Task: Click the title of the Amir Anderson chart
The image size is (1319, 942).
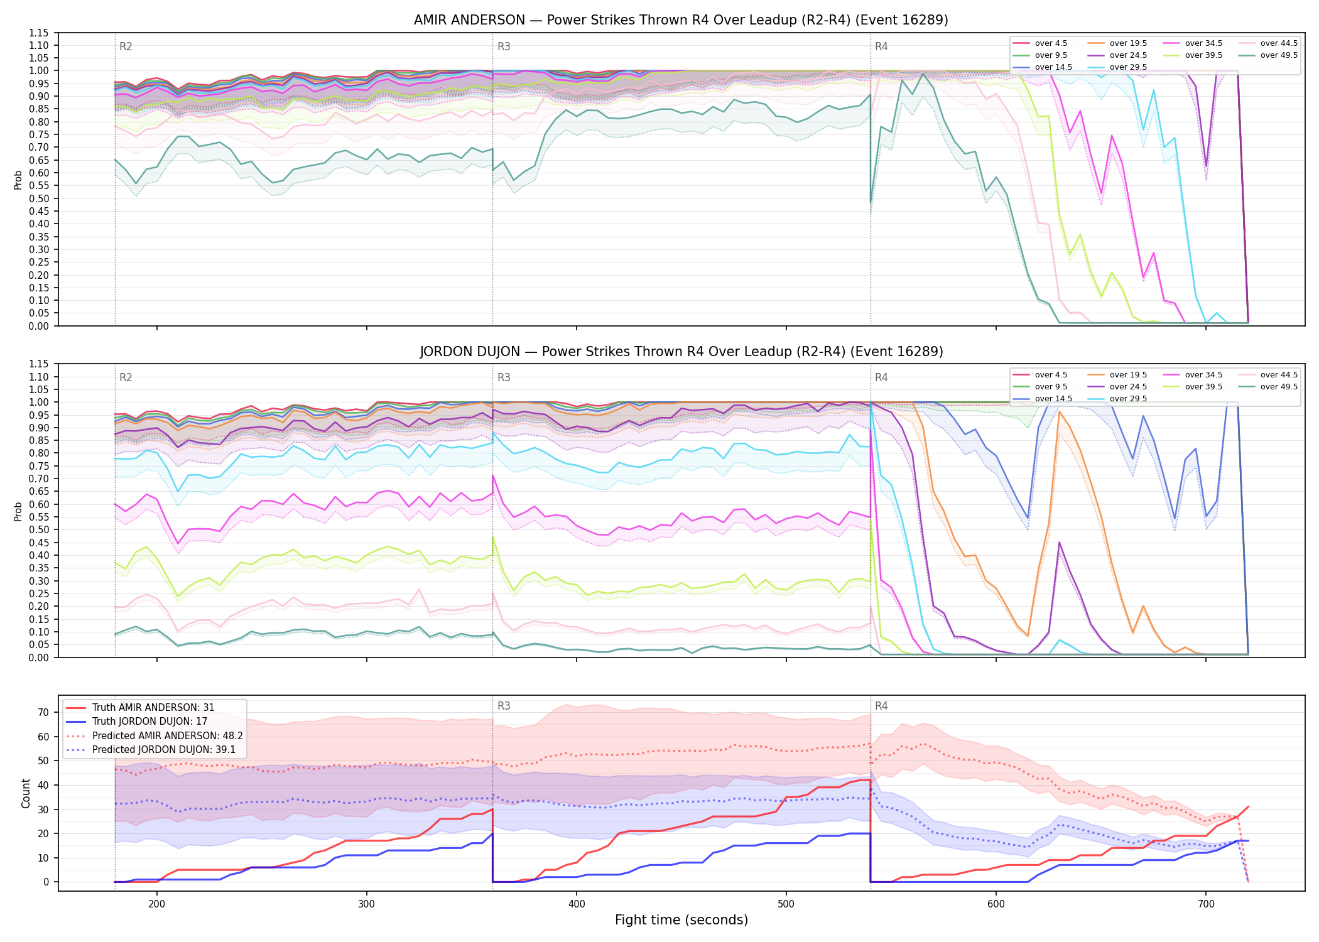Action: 681,20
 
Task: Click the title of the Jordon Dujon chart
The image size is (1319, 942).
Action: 681,352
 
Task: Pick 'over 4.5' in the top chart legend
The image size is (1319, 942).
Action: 1051,43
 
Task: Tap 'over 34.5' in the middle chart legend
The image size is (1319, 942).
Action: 1203,375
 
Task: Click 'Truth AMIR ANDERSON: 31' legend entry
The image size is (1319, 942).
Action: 153,707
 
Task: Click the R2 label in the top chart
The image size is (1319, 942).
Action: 126,46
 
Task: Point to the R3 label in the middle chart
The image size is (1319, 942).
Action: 504,377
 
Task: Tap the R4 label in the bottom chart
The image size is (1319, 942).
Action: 881,706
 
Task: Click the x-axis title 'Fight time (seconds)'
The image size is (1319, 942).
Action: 681,920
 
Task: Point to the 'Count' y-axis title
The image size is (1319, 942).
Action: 26,793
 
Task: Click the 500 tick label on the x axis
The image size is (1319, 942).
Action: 786,904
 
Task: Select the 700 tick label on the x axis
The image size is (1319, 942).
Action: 1205,904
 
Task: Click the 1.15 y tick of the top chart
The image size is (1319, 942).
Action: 38,33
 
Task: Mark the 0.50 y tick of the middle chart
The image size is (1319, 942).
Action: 38,529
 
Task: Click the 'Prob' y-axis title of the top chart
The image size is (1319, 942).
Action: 18,180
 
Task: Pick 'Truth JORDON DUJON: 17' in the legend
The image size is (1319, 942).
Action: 149,722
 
